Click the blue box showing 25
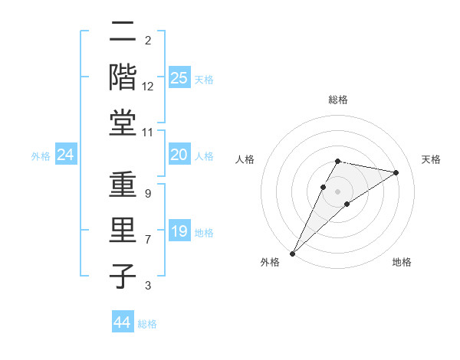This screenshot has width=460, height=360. (179, 77)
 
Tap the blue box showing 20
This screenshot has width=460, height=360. (179, 155)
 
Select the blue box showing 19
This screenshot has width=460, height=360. (179, 231)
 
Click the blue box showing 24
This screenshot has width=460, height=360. (66, 155)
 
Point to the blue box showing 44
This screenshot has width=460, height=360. (123, 322)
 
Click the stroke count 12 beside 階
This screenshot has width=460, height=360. (148, 87)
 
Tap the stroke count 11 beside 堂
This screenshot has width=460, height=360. (148, 133)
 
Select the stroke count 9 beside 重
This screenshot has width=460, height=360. (148, 195)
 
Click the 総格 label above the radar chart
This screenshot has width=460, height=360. (338, 100)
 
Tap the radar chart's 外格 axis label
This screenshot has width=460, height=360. (270, 262)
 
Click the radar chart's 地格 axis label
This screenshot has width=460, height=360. (402, 262)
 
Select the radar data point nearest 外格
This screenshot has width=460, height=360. (292, 253)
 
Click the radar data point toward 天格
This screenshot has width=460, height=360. (396, 172)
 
